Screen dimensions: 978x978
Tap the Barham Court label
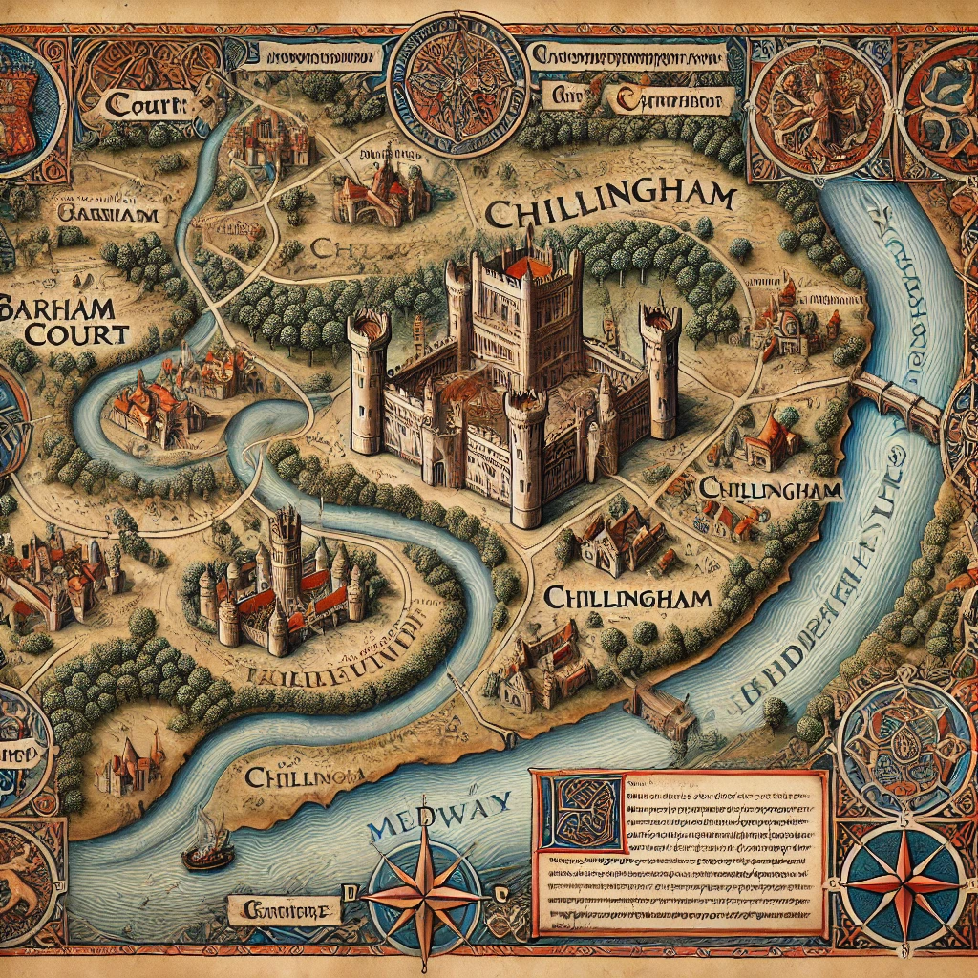click(64, 321)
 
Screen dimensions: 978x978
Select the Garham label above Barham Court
click(107, 214)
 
